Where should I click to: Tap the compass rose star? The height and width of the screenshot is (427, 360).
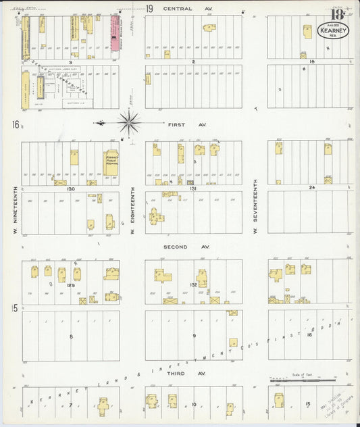pyautogui.click(x=128, y=123)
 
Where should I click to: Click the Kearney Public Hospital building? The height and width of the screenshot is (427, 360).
pyautogui.click(x=111, y=163)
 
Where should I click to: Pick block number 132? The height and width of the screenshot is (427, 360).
pyautogui.click(x=193, y=285)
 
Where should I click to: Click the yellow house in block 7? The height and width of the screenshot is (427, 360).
pyautogui.click(x=103, y=405)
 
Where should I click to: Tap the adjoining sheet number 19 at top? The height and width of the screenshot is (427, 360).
pyautogui.click(x=149, y=9)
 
